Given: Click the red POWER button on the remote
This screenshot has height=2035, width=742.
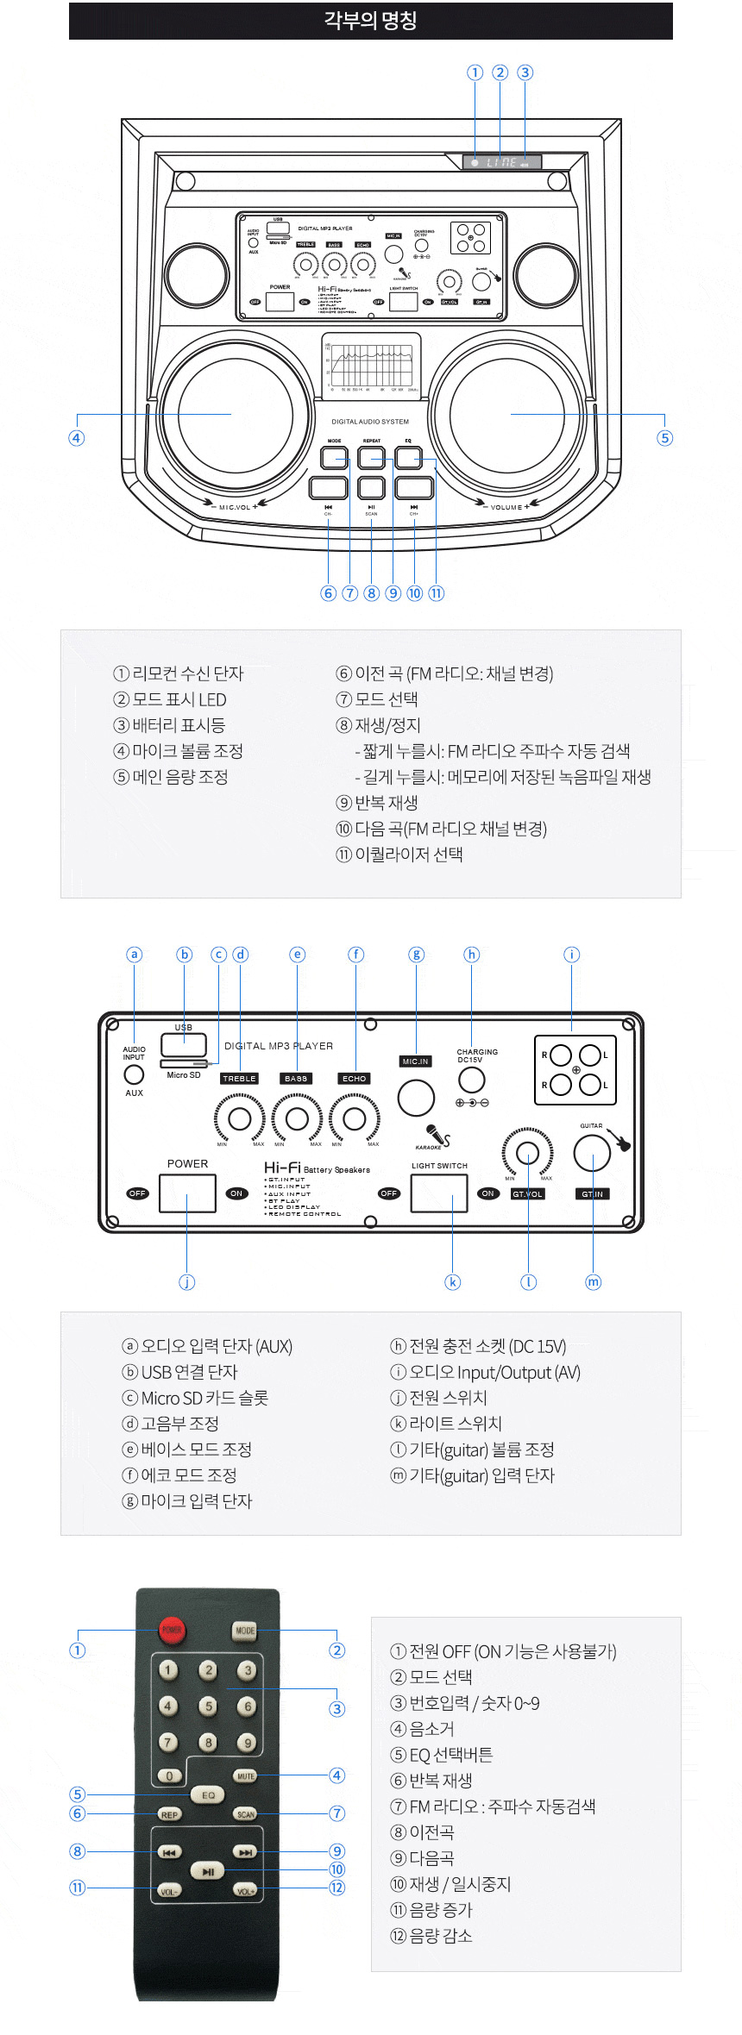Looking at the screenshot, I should point(172,1630).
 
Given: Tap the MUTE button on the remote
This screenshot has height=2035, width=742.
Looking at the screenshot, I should point(246,1775).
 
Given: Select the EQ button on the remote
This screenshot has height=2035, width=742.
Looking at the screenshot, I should point(208,1794).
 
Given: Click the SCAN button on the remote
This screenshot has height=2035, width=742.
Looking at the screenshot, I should point(246,1813).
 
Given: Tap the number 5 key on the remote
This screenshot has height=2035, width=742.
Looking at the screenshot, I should point(208,1706).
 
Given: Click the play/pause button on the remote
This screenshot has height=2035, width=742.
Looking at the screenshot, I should point(208,1871).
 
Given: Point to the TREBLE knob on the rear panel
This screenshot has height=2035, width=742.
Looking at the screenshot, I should point(240,1118).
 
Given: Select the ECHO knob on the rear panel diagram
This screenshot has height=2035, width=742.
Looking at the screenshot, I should point(354,1118).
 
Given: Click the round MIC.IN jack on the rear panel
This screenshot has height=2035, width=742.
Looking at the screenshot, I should point(416,1097).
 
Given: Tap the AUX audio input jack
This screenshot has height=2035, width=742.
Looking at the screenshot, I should point(134,1074).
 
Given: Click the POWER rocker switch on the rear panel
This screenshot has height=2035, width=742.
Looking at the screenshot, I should point(187,1193).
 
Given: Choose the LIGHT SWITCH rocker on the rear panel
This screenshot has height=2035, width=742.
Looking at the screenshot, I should point(439,1193).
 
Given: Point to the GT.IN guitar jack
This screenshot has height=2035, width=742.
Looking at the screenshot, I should point(592,1152).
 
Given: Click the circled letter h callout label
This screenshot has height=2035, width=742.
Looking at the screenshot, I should point(471,955).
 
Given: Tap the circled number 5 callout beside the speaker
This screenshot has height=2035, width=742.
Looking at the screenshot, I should point(664,438).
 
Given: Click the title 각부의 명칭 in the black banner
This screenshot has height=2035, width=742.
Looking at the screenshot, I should point(371,20).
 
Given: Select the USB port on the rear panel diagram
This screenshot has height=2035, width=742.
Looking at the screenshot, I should point(184,1044).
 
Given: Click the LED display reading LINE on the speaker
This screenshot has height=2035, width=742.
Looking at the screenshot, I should point(502,162).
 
